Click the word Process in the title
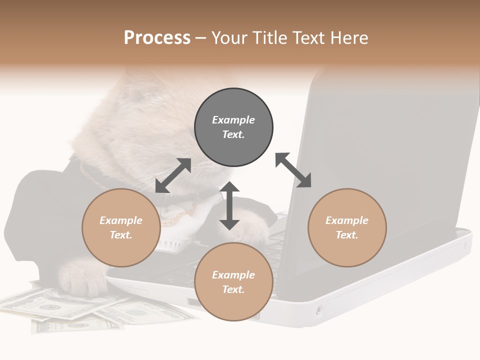(157, 38)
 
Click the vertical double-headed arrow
(229, 205)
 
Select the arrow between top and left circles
(173, 175)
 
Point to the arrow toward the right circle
(293, 170)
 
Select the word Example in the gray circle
(233, 120)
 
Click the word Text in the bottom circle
(232, 289)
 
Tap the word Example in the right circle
(347, 220)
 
